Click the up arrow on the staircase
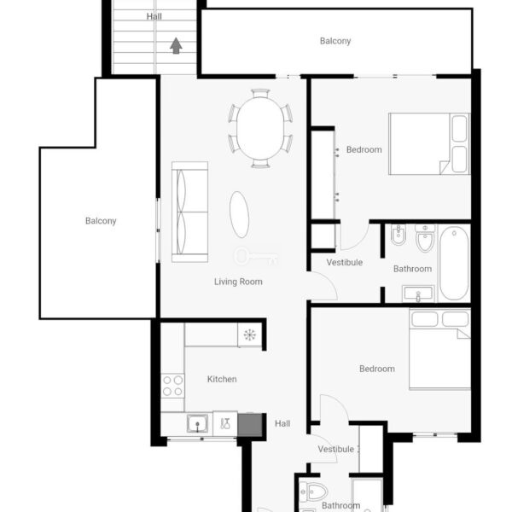176,45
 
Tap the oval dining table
260,128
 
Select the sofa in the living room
189,212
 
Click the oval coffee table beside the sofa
239,214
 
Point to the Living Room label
238,282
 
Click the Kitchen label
222,379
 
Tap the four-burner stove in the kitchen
172,386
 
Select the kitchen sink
197,424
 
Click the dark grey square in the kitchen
250,424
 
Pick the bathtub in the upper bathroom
454,263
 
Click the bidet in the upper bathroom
399,235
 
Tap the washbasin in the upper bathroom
418,294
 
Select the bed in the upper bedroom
429,143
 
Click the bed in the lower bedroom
439,349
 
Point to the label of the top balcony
335,41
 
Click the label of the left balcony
101,221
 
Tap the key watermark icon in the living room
256,256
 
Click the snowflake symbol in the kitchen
249,335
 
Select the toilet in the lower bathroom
313,492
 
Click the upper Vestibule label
345,262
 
